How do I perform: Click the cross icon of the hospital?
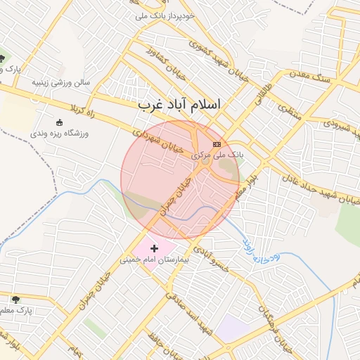point(155,248)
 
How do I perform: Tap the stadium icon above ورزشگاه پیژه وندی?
point(59,122)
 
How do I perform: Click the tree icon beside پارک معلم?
point(15,300)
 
